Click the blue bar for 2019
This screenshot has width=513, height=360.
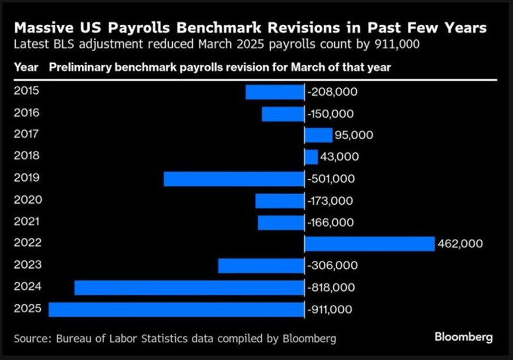[x=234, y=179]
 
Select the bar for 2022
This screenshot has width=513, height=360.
[x=369, y=244]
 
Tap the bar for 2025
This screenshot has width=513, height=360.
[x=176, y=310]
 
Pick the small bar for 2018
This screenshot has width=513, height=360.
[x=311, y=157]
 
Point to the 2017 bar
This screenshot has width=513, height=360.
[x=318, y=135]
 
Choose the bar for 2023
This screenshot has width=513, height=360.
[x=261, y=266]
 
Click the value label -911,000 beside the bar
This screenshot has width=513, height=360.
[x=330, y=310]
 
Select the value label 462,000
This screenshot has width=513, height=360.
[x=460, y=244]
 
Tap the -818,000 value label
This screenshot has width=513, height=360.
[x=330, y=288]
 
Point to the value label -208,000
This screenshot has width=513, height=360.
[x=332, y=92]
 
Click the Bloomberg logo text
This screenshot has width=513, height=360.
[x=463, y=338]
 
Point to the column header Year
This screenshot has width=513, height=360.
[x=26, y=67]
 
